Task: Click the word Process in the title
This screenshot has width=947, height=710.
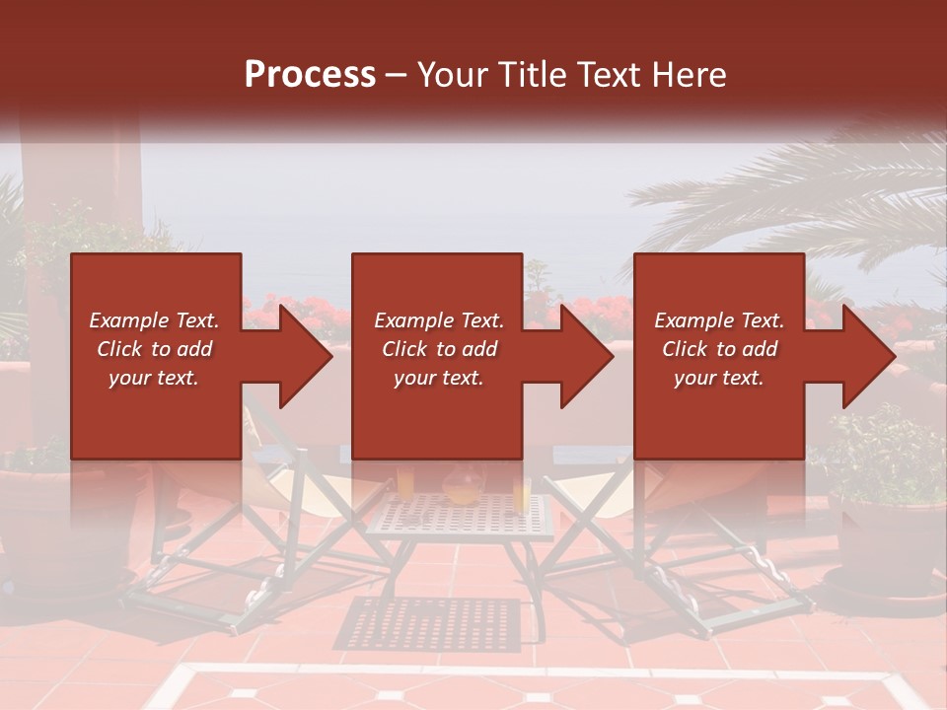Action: point(310,75)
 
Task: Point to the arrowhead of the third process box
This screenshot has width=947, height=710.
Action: point(867,356)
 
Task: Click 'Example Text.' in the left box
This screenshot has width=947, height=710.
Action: point(155,320)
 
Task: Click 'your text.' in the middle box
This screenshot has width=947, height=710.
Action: point(438,378)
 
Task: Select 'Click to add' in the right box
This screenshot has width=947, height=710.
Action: point(719,349)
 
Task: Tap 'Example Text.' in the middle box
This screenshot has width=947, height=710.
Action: point(438,320)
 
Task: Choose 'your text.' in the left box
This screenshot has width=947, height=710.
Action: point(155,378)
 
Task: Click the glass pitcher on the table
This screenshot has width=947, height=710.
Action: point(462,485)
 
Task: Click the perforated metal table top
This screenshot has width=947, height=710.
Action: point(459,517)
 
